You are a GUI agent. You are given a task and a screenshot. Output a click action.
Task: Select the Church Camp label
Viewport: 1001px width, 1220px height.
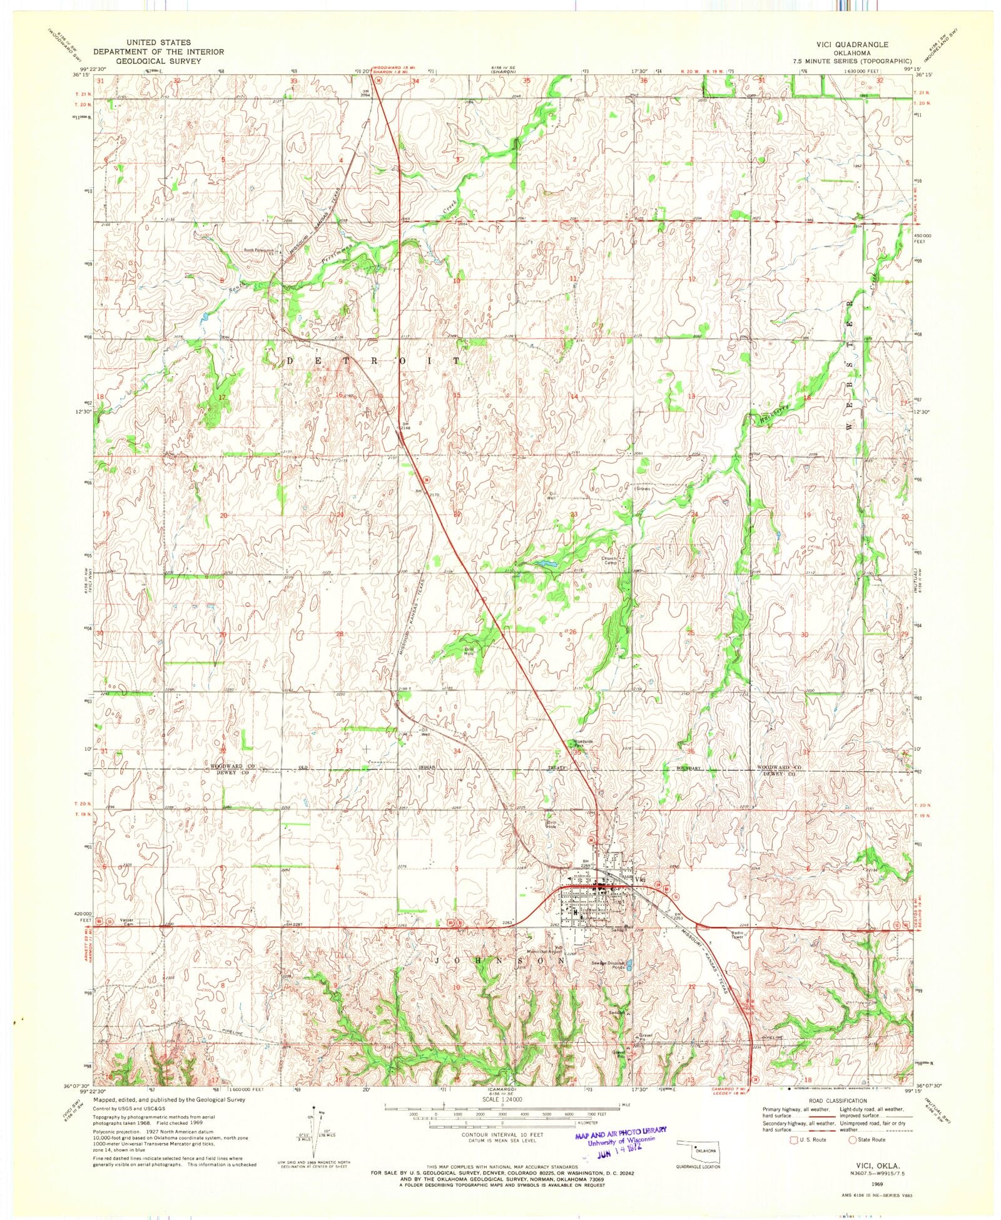pos(609,560)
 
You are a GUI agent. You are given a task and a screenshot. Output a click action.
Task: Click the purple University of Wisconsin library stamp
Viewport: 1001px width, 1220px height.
pos(619,1139)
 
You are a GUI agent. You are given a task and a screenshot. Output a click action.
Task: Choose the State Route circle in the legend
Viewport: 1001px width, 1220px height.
pos(853,1139)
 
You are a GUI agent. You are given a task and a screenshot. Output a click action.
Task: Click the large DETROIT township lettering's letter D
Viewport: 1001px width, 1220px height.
pos(290,361)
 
